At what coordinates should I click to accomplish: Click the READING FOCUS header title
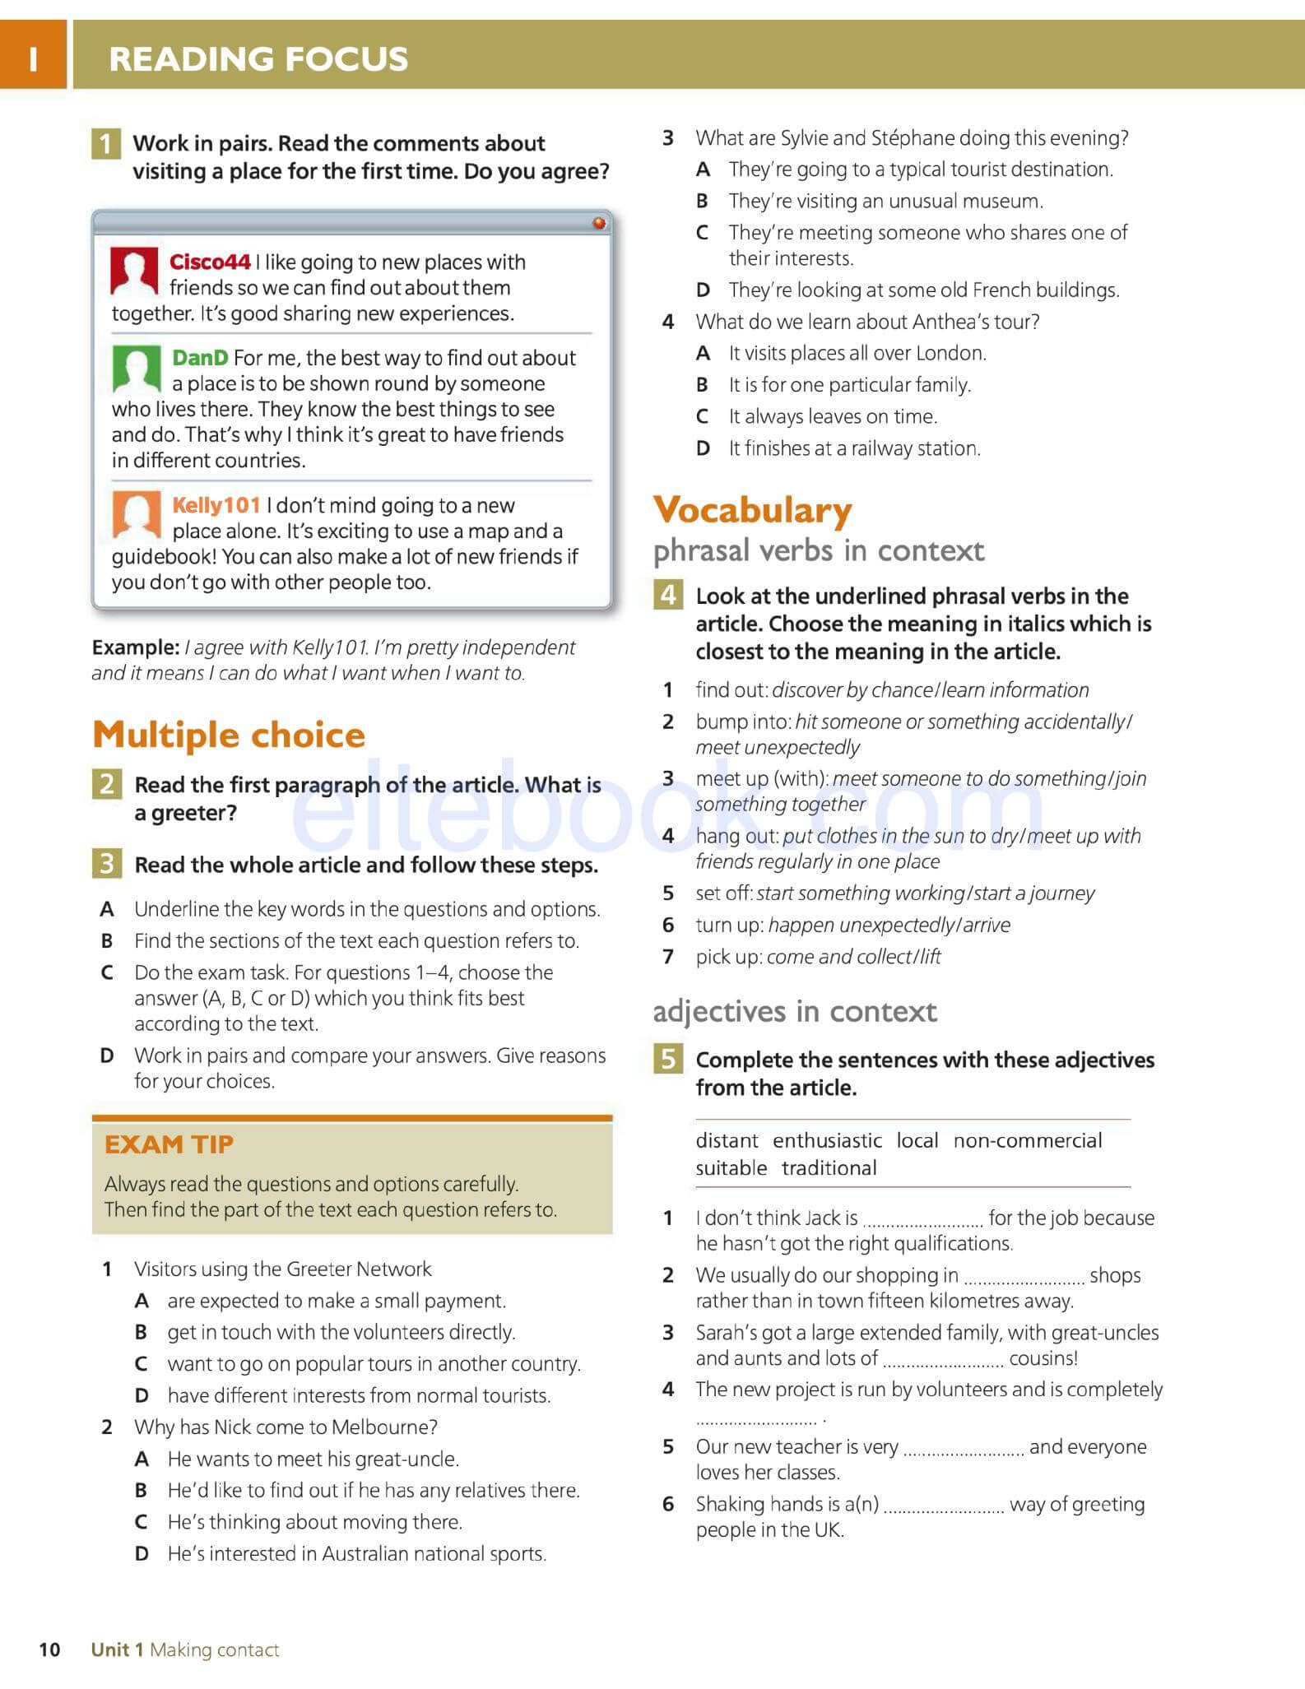click(258, 59)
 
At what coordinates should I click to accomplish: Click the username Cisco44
click(210, 262)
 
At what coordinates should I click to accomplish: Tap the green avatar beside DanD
click(137, 368)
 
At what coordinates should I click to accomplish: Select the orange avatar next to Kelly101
click(137, 514)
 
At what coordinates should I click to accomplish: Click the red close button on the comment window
click(599, 223)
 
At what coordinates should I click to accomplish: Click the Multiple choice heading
click(229, 735)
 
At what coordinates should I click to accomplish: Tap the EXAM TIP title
click(169, 1144)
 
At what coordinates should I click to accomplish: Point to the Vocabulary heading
click(752, 510)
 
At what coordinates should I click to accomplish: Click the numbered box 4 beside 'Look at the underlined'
click(668, 594)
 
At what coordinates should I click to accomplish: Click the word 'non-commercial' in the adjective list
click(1028, 1140)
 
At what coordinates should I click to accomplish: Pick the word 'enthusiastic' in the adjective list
click(827, 1140)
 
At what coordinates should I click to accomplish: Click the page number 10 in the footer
click(49, 1650)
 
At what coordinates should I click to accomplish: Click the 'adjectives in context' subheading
click(795, 1012)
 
